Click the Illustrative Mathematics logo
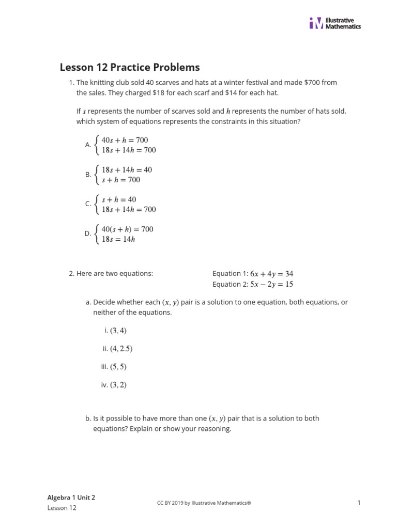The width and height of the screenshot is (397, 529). click(x=335, y=23)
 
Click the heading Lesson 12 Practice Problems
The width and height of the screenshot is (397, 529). click(x=130, y=67)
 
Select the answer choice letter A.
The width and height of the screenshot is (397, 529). click(x=88, y=145)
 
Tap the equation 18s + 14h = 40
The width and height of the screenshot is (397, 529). click(x=127, y=170)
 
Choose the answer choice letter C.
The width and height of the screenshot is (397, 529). click(x=88, y=204)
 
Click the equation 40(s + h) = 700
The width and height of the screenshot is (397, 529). click(x=127, y=229)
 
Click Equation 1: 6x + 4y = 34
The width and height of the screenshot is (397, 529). click(x=253, y=274)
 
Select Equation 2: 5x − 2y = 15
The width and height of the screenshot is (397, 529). click(x=253, y=284)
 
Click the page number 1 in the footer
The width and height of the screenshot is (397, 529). click(x=358, y=503)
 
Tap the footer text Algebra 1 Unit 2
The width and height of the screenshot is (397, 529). click(x=71, y=497)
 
